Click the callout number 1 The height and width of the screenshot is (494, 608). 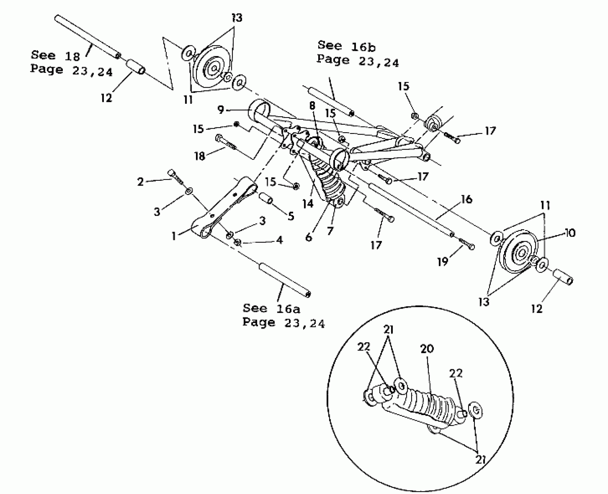tap(174, 236)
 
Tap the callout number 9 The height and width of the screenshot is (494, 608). tap(221, 110)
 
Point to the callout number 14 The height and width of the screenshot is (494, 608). tap(308, 204)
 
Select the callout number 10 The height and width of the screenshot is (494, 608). tap(570, 233)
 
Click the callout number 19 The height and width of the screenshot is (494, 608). tap(443, 262)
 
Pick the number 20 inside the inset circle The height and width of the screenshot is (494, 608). tap(427, 349)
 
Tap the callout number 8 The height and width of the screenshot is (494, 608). tap(312, 106)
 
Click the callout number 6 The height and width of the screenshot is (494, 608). tap(309, 237)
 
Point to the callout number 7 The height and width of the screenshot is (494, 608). tap(330, 231)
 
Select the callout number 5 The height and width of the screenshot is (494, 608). tap(291, 216)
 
